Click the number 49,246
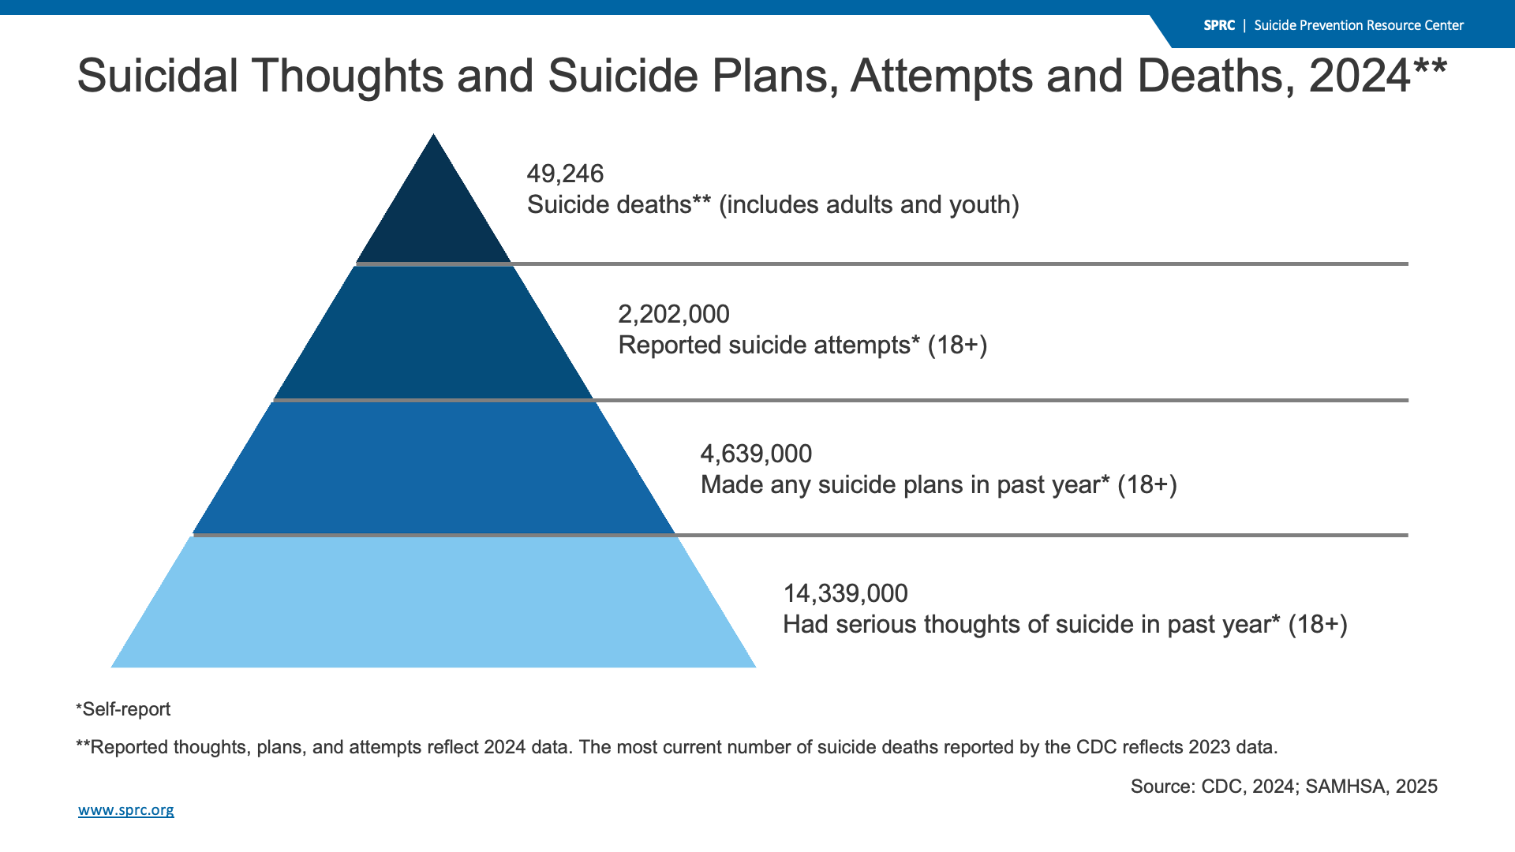tap(565, 174)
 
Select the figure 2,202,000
tap(674, 315)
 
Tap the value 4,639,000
tap(756, 454)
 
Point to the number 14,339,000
tap(845, 594)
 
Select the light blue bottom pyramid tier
tap(433, 603)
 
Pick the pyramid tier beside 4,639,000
tap(433, 469)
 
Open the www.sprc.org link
tap(126, 810)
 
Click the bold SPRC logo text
tap(1219, 25)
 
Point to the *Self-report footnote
tap(123, 709)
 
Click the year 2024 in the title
tap(1360, 76)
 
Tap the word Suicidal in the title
tap(158, 76)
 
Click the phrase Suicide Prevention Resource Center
tap(1359, 25)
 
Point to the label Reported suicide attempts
tap(765, 346)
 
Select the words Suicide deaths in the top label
tap(609, 205)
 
